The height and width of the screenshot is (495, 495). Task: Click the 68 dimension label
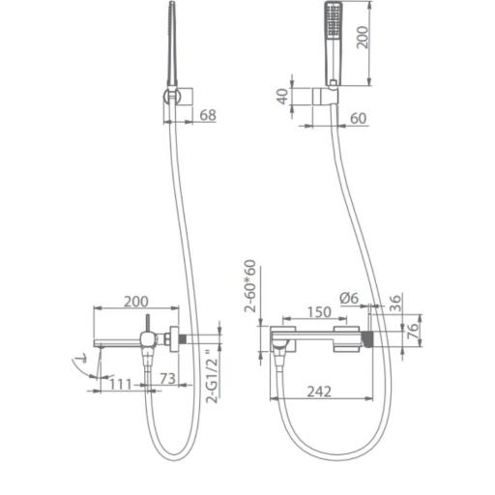(x=208, y=115)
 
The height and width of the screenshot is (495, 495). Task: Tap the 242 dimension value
(x=319, y=392)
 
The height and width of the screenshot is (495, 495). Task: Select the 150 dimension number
(x=319, y=312)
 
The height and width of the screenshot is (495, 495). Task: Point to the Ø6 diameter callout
(x=349, y=298)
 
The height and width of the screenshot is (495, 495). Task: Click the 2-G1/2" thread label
(x=213, y=376)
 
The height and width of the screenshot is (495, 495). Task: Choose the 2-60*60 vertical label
(x=250, y=286)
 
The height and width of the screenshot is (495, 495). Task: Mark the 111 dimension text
(x=121, y=384)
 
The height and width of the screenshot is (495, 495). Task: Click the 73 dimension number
(x=168, y=379)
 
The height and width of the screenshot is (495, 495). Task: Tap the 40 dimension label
(x=283, y=96)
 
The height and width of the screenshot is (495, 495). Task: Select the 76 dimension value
(x=413, y=331)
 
